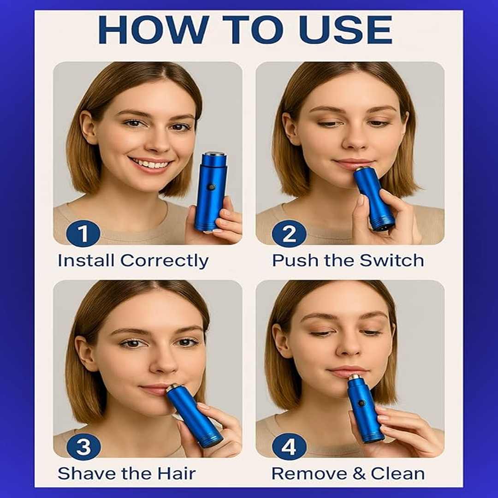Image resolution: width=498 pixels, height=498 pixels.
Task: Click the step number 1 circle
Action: (83, 233)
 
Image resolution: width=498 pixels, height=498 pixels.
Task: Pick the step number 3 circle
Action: (83, 447)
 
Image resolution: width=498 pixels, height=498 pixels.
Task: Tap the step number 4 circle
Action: (289, 447)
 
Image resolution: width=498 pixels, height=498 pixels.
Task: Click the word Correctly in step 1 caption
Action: (164, 261)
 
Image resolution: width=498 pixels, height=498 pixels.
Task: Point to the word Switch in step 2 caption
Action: (391, 261)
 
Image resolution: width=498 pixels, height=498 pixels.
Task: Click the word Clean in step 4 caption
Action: (397, 474)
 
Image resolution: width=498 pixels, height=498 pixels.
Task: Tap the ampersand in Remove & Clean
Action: (359, 474)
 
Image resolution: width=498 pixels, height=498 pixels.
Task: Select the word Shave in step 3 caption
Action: (87, 474)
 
